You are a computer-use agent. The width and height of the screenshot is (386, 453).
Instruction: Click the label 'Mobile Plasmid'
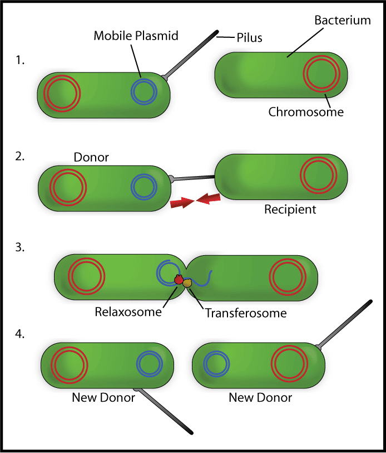coord(136,36)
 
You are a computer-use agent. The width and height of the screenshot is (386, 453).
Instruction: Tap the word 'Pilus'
coord(249,37)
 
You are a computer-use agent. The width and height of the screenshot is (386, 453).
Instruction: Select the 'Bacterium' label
coord(343,20)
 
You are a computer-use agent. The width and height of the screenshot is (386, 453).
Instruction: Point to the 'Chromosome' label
coord(306,112)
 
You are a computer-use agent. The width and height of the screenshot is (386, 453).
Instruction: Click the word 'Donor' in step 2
coord(91,157)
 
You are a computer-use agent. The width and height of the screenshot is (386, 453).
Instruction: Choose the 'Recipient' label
coord(290,210)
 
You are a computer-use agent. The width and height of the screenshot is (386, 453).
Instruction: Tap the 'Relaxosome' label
coord(128,311)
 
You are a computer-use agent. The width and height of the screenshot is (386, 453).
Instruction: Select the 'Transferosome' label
coord(246,313)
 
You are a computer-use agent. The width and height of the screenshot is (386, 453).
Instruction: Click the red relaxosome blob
coord(179,279)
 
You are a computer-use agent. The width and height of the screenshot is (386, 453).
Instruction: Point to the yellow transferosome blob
coord(187,283)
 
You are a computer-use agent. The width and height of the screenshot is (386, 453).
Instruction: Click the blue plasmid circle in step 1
coord(143,92)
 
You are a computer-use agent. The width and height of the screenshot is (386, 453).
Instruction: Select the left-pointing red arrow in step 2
coord(208,199)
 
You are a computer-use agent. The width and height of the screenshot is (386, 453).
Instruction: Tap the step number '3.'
coord(20,247)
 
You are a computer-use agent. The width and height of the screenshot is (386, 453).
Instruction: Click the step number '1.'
coord(20,60)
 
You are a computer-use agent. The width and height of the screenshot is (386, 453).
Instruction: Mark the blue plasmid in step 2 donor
coord(143,187)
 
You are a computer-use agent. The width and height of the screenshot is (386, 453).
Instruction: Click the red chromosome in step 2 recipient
coord(319,175)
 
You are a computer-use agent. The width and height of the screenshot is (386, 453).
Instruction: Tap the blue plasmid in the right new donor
coord(216,364)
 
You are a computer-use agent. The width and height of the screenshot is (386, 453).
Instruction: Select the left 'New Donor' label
coord(103,397)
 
